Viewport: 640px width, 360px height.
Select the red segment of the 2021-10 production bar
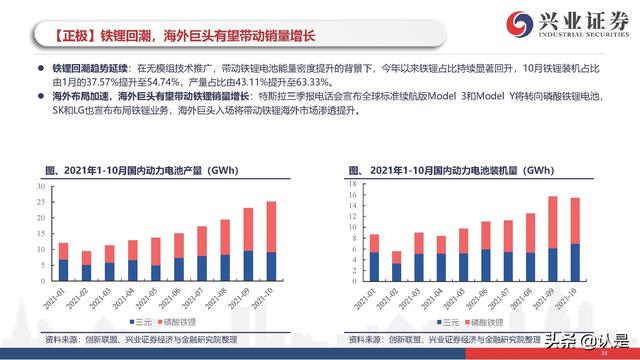click(x=271, y=227)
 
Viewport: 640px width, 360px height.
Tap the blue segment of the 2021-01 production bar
click(x=63, y=268)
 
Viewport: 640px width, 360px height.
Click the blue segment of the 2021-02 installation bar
click(x=398, y=270)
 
